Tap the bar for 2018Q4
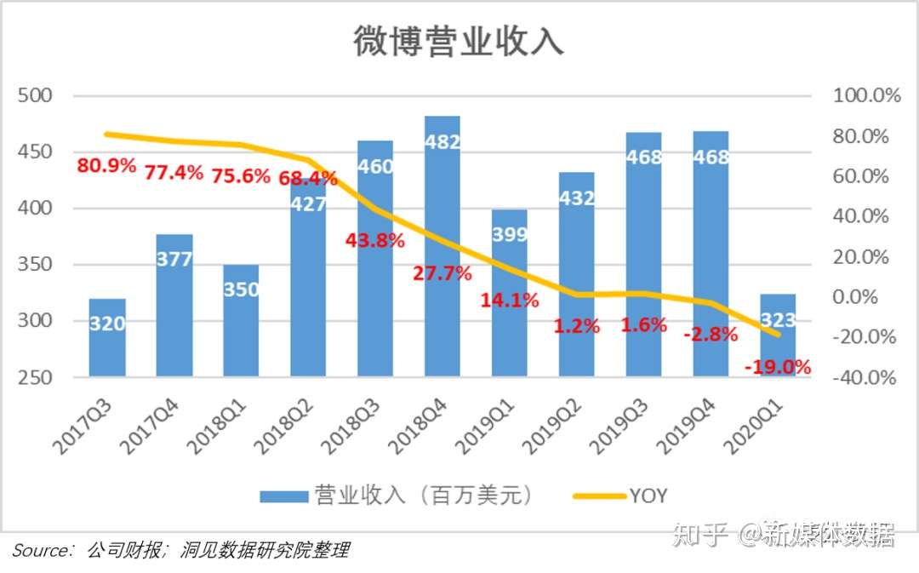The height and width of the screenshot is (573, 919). click(442, 255)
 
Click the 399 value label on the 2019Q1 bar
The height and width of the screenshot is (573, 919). click(510, 235)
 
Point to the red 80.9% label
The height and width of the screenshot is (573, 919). click(106, 166)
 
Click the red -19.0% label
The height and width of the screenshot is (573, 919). click(777, 368)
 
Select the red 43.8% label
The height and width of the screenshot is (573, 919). click(374, 241)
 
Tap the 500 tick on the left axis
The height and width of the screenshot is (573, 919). click(35, 96)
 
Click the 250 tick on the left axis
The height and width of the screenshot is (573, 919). click(35, 378)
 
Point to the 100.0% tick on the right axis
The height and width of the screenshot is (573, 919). click(866, 96)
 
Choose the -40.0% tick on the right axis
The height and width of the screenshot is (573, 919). click(865, 378)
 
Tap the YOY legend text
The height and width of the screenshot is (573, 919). click(648, 496)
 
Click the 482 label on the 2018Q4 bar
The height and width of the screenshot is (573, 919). click(442, 142)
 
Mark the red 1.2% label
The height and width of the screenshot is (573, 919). click(577, 326)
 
